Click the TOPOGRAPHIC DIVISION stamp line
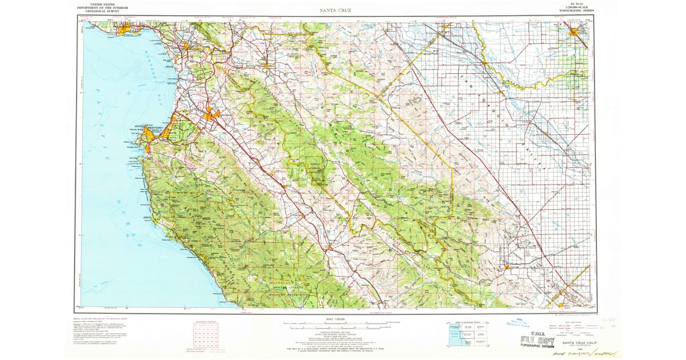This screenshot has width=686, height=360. pyautogui.click(x=537, y=347)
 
